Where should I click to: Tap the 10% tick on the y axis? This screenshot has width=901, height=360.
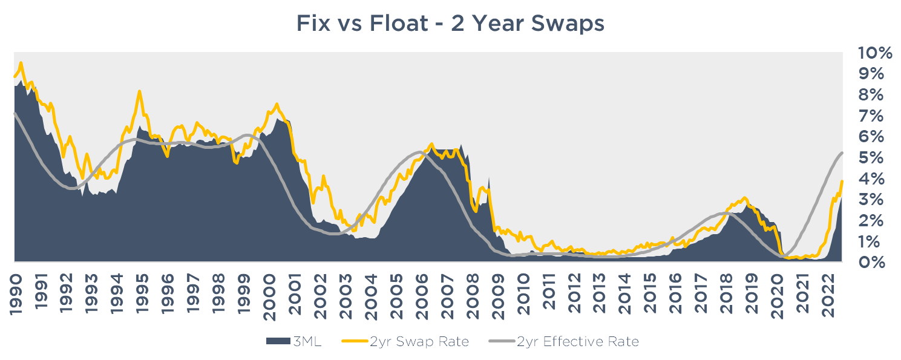[x=875, y=53]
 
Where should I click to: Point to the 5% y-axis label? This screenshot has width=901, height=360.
[x=871, y=157]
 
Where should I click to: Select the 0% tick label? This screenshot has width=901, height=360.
[x=871, y=262]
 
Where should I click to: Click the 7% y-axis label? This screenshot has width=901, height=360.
[x=871, y=116]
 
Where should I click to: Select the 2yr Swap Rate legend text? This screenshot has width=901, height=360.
[x=419, y=342]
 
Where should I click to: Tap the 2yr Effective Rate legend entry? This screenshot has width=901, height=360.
[x=578, y=342]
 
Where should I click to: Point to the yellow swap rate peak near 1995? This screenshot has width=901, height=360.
[x=140, y=91]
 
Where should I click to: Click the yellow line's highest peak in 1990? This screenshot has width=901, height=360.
[x=21, y=62]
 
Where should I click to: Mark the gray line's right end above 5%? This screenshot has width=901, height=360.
[x=842, y=152]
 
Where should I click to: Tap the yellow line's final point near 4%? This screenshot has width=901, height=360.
[x=842, y=181]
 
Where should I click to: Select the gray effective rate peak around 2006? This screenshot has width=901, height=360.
[x=420, y=152]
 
